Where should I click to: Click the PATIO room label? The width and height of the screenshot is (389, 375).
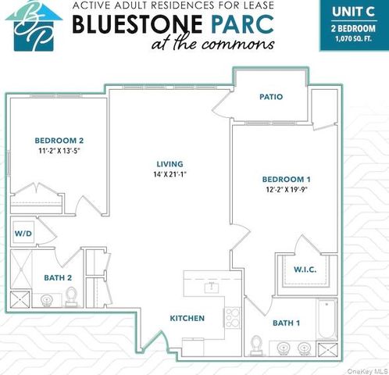(x=271, y=97)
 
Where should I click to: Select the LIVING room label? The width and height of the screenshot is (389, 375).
(x=170, y=163)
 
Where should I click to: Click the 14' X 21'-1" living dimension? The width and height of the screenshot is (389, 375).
(x=170, y=174)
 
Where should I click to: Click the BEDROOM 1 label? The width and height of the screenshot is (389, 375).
(x=286, y=180)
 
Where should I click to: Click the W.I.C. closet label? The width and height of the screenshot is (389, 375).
(x=305, y=270)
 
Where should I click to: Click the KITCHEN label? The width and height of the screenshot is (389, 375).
(x=187, y=318)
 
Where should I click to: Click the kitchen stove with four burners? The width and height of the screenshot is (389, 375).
(x=233, y=318)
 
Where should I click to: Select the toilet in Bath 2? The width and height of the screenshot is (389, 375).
(x=72, y=296)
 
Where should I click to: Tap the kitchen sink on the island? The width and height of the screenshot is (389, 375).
(x=209, y=288)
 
